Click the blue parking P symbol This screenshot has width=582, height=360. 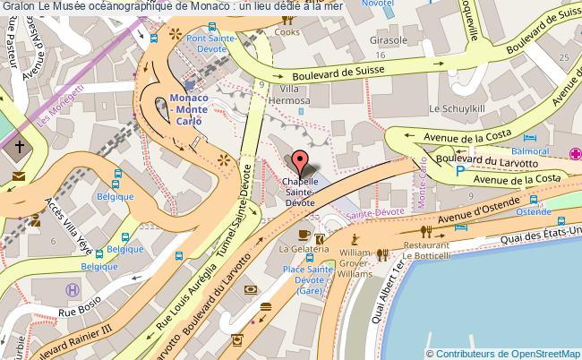click(x=460, y=170)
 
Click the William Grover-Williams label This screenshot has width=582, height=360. click(x=355, y=264)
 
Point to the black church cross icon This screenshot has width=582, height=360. click(x=20, y=146)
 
